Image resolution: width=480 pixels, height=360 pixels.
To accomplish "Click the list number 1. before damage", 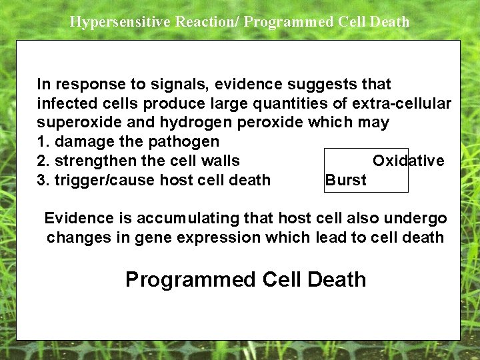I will (43, 141).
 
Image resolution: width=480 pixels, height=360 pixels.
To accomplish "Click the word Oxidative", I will (408, 161).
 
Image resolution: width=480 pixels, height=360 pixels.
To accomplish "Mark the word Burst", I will (345, 180).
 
